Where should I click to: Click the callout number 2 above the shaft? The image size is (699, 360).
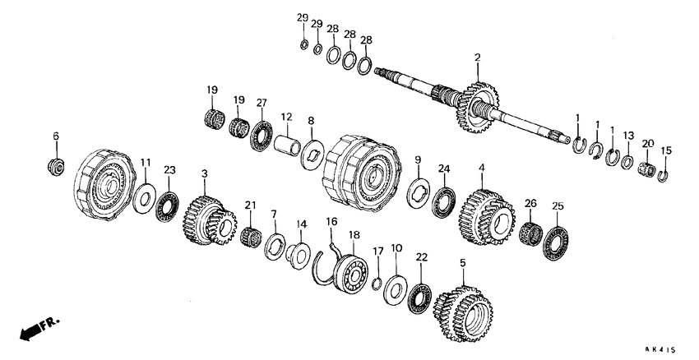coord(476,58)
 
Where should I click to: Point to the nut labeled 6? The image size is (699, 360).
coord(57,165)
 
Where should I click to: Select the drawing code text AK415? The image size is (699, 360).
coord(666,350)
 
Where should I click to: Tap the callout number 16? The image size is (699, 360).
coord(331,222)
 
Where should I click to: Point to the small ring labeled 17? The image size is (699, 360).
coord(377,284)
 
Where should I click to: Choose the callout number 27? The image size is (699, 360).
coord(262,103)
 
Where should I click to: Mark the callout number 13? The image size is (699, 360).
coord(627,135)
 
